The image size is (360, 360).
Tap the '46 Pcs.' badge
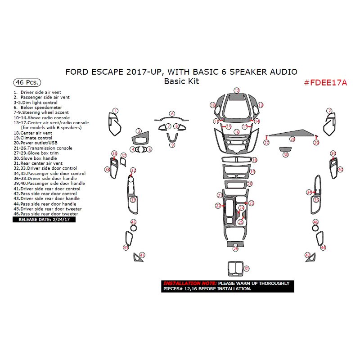click(x=27, y=83)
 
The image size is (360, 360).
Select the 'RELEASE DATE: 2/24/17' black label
click(x=45, y=220)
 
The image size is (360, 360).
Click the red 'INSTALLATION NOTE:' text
click(x=189, y=283)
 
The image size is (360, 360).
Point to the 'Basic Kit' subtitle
click(x=181, y=81)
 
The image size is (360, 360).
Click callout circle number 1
click(x=115, y=111)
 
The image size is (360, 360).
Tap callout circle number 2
click(x=329, y=111)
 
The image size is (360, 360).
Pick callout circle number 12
click(x=236, y=90)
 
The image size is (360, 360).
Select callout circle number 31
click(x=246, y=269)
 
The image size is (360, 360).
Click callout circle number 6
click(x=172, y=114)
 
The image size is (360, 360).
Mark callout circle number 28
click(x=292, y=139)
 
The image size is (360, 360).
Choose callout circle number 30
click(x=285, y=155)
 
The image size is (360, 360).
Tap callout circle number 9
click(x=172, y=145)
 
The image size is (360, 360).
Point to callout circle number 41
click(x=142, y=255)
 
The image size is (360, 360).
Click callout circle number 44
click(x=323, y=247)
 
